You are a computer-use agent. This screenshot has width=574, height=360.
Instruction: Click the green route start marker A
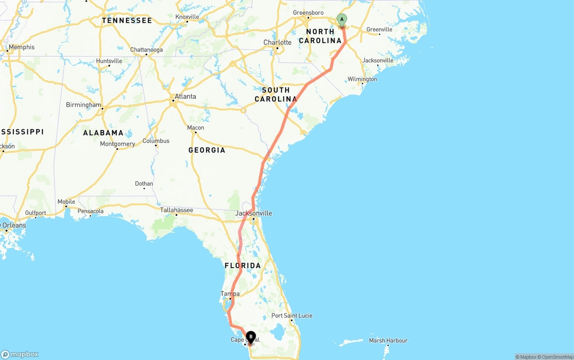pos(342,20)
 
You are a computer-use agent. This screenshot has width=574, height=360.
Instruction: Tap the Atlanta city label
pos(185,96)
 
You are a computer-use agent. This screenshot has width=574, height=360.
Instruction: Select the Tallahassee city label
pos(177,210)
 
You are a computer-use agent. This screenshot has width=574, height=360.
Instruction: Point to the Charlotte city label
pos(277,43)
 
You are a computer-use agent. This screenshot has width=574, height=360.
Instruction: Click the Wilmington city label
pos(362,79)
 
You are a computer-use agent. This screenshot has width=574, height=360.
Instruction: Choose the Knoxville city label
pos(187,17)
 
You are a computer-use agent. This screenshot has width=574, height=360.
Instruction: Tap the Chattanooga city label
pos(146,50)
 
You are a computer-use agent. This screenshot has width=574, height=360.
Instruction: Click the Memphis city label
pos(22,47)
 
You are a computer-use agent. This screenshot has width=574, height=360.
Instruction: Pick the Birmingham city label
pos(83,105)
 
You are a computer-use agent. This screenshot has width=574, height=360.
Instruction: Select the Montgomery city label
pos(117,144)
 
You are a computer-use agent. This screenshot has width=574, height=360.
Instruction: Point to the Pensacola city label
pos(91,211)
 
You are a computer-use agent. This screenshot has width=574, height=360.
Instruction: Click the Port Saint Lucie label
pos(291,316)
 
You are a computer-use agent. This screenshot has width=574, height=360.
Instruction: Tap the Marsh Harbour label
pos(388,341)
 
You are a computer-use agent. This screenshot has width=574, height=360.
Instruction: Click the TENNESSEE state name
pos(127,21)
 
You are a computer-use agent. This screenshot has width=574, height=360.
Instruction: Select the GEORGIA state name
pos(207,150)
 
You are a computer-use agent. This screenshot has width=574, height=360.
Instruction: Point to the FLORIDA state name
pos(243,266)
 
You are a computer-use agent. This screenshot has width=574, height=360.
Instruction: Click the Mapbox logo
pos(20,354)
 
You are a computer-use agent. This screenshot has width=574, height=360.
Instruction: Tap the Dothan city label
pos(144,183)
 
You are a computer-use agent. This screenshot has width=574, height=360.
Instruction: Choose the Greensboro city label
pos(308,13)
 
